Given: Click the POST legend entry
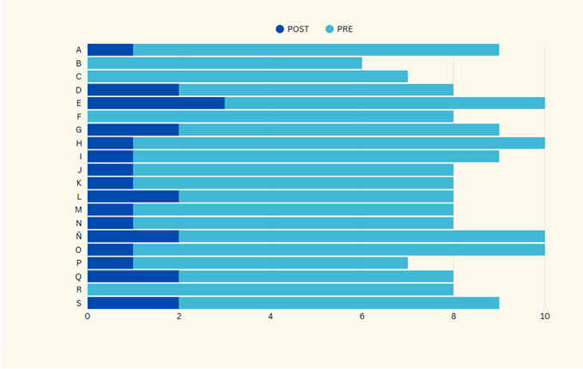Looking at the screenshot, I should coord(293,29).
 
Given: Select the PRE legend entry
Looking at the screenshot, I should coord(339,29).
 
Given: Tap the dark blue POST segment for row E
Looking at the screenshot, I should coord(155,103).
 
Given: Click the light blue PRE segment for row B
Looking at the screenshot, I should coord(224,63).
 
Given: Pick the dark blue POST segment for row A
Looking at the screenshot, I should coord(110,50).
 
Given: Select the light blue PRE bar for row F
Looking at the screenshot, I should coord(270,116).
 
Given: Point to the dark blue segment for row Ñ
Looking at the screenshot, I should coord(132,236).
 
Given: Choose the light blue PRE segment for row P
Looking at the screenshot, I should coord(270,263).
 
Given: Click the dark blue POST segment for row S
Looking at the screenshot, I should coord(132,303).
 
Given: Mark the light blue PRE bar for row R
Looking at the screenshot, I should coord(270,289).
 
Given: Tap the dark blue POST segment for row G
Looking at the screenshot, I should coord(132,130).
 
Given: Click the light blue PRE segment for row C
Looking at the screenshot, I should coord(247,76).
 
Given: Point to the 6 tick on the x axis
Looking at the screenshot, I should coord(361,317).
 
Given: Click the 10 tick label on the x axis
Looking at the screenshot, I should coord(544,317).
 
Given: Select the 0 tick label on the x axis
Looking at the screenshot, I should coord(88,317).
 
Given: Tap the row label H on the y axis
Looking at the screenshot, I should coord(79,142).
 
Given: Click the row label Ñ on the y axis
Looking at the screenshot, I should coord(79,236).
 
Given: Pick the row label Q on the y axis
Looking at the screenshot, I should coord(79,276).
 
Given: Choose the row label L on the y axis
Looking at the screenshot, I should coord(79,196).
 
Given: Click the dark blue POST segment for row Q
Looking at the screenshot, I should coord(132,276).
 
